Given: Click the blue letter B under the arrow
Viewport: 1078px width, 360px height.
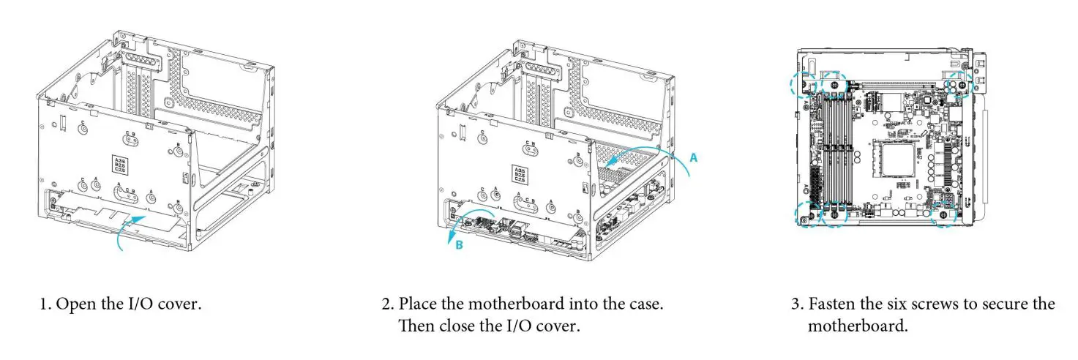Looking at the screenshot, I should [x=459, y=246].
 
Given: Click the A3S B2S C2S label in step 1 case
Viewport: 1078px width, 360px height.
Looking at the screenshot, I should [x=117, y=164].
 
